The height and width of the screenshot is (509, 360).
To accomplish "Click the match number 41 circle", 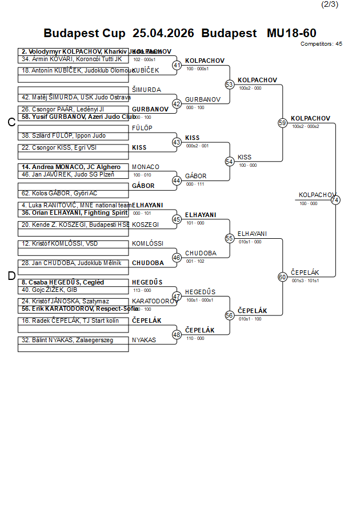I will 177,66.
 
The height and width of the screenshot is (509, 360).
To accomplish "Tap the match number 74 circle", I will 335,200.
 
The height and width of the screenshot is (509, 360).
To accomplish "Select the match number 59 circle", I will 282,123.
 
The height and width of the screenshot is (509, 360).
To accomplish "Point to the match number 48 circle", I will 177,335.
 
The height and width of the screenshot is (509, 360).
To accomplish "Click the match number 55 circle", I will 230,238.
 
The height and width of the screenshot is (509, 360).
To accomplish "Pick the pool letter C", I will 11,122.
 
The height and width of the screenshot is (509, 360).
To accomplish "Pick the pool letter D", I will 11,276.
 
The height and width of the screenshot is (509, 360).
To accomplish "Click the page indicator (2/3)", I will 330,5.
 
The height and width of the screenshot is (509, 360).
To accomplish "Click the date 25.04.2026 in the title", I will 163,33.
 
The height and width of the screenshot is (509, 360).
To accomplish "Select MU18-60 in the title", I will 291,33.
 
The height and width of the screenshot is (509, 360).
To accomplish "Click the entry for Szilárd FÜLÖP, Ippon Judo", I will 63,136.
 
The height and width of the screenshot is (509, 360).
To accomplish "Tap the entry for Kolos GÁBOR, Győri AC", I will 59,194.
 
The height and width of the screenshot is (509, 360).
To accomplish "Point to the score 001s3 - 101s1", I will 305,280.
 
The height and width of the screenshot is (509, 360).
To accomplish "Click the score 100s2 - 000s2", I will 305,126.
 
